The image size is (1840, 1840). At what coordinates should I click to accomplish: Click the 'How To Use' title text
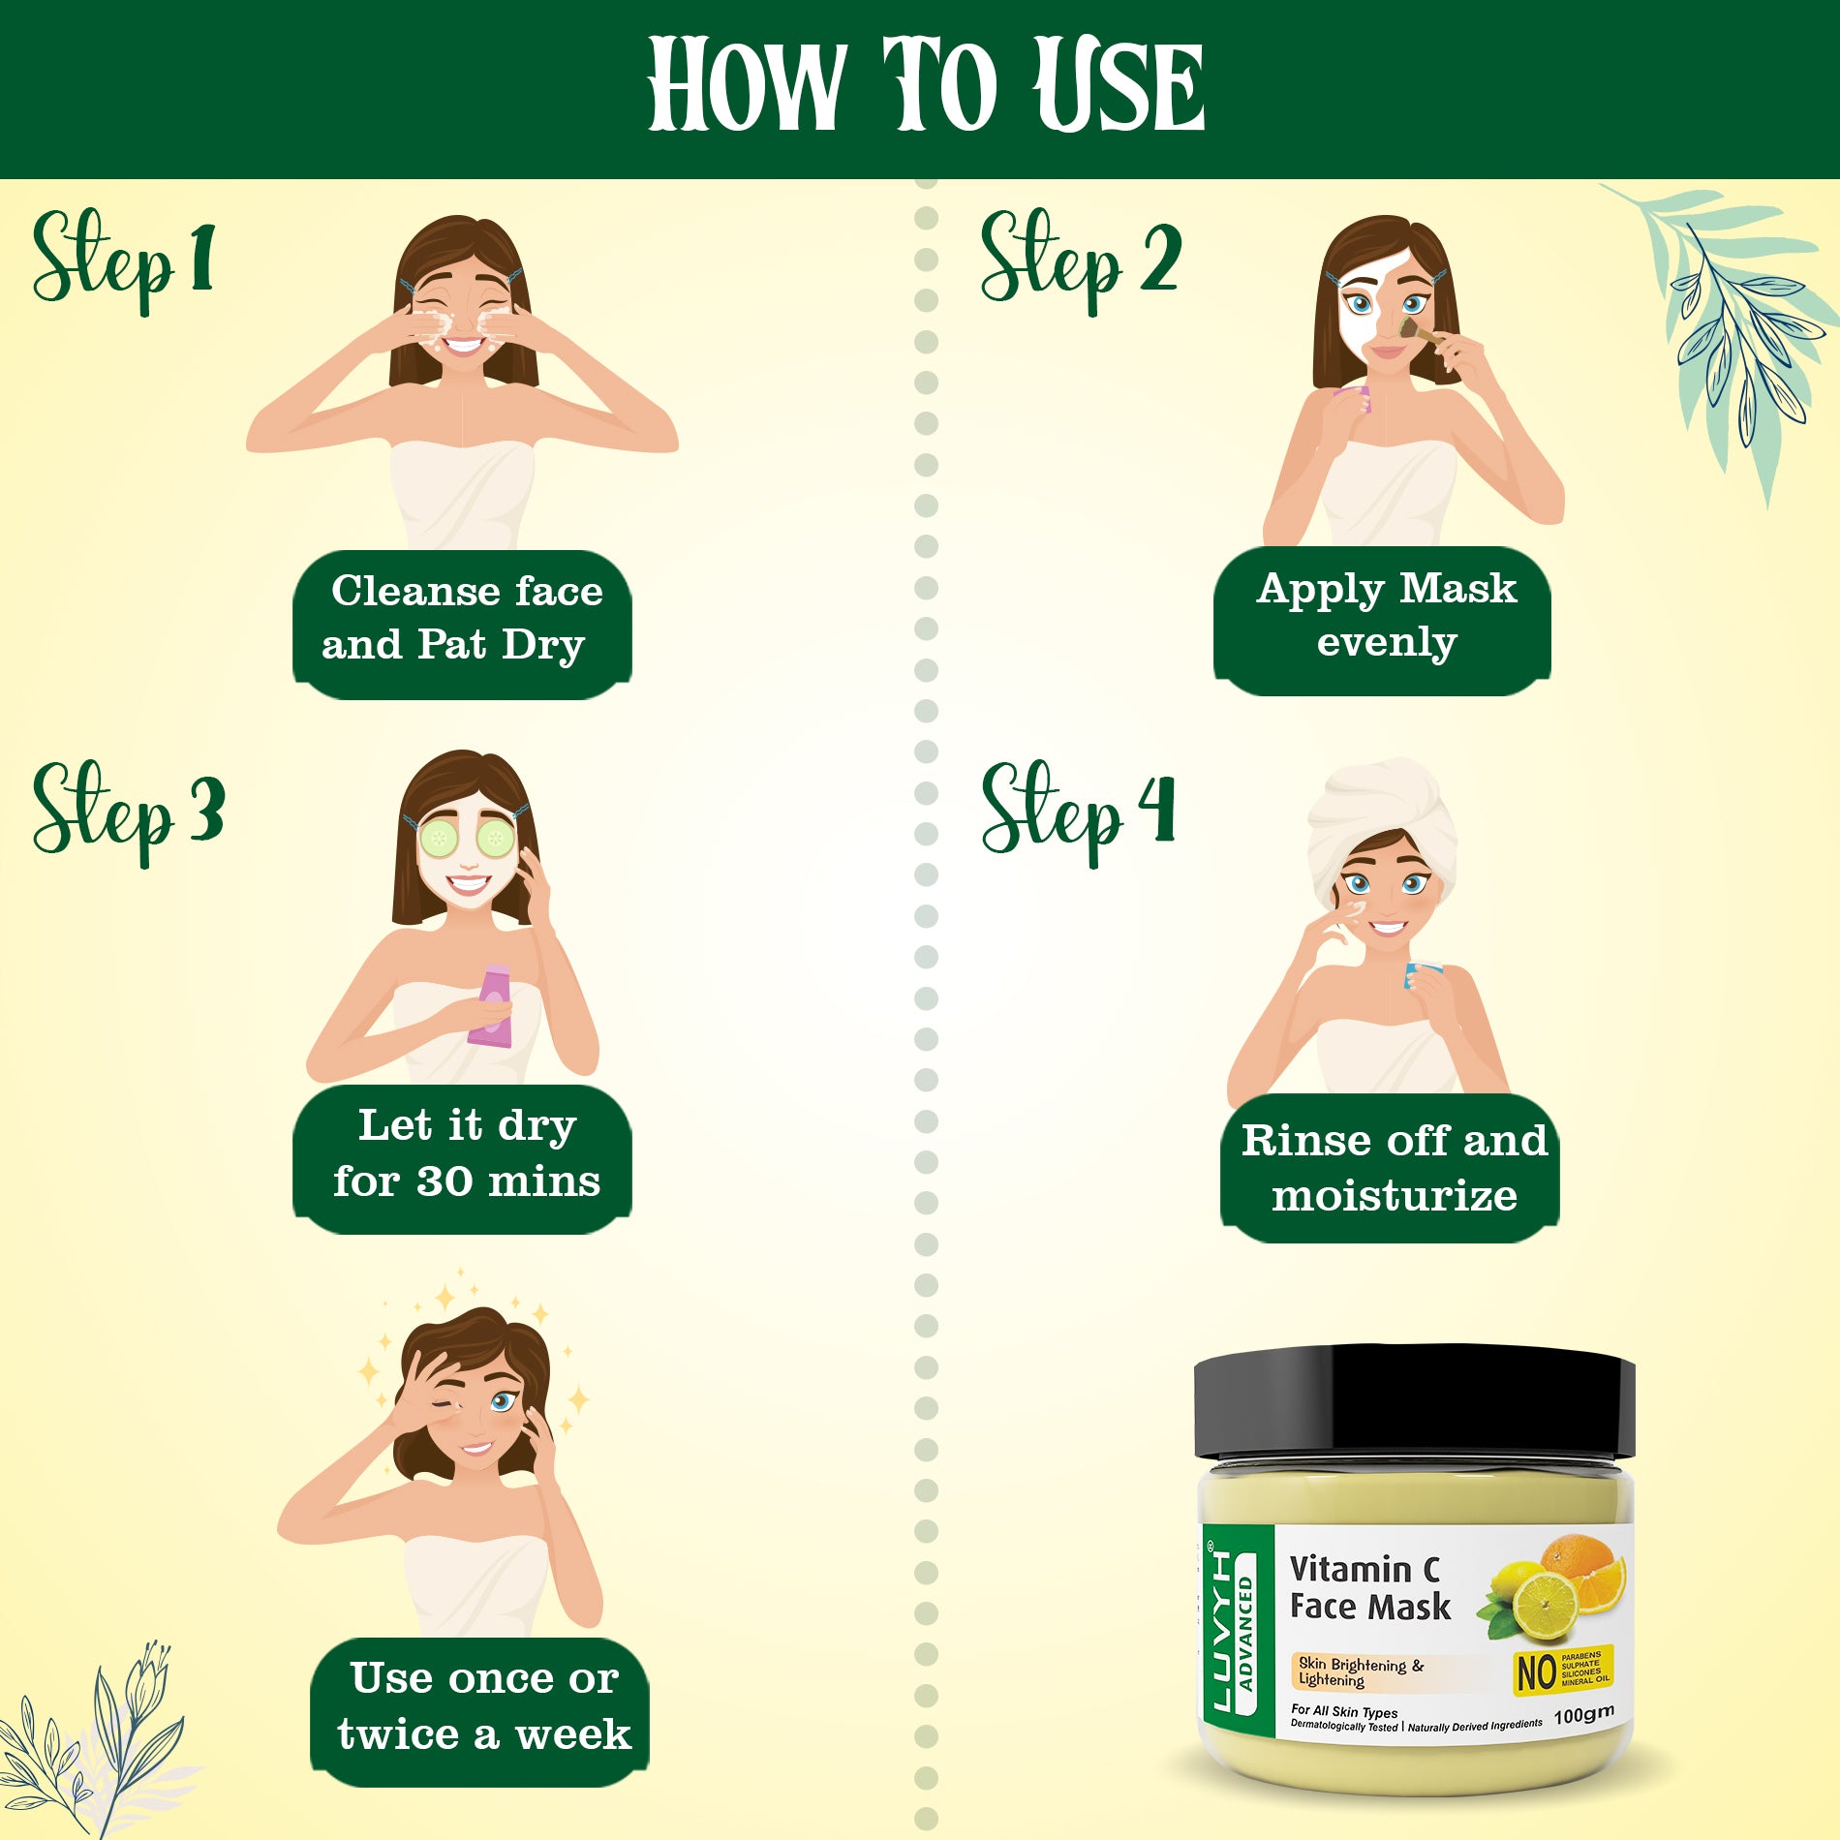925,85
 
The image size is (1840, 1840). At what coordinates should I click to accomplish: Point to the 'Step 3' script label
128,812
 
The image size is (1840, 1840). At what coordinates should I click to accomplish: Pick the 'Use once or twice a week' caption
482,1707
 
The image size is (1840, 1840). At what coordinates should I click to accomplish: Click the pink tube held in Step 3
492,1007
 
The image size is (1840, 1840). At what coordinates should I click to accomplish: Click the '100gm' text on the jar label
1584,1715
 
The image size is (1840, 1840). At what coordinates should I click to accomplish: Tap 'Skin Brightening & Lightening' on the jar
1360,1671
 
